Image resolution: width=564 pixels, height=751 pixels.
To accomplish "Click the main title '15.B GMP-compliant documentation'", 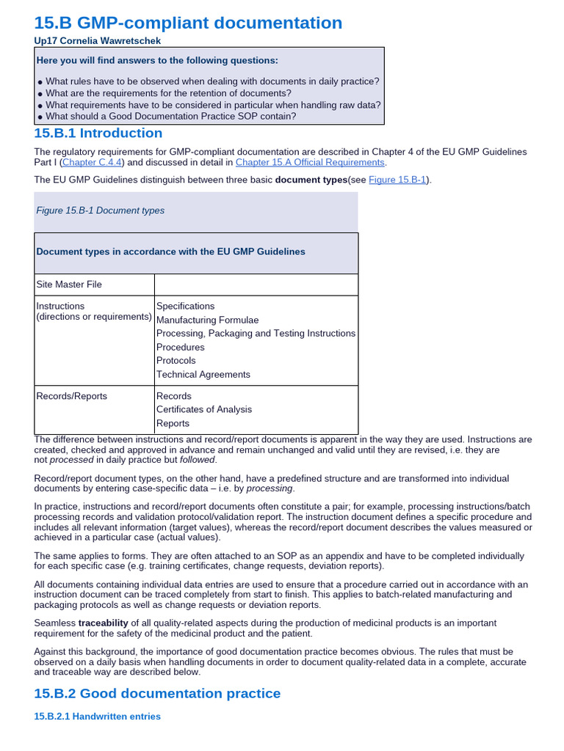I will [188, 23].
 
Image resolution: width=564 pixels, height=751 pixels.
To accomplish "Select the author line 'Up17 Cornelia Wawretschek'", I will [98, 41].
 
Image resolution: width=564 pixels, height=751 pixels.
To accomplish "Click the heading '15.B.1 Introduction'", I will [98, 133].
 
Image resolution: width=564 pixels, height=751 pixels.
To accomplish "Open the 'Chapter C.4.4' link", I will [93, 162].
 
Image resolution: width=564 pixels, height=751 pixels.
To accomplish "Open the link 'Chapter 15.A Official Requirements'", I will [310, 162].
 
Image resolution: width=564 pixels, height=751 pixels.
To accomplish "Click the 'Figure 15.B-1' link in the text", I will [398, 180].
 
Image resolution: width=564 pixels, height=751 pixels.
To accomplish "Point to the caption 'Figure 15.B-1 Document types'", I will [101, 210].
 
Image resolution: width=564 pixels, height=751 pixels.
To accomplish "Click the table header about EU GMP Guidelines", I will [170, 252].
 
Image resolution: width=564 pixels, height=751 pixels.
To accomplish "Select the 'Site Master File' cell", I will [69, 285].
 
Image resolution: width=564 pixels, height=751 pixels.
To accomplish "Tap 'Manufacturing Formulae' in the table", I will [207, 320].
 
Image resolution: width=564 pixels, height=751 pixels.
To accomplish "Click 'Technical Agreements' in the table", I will [203, 374].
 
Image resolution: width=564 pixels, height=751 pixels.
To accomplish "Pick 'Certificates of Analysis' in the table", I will [204, 409].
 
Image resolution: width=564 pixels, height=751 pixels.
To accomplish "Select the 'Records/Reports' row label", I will [71, 396].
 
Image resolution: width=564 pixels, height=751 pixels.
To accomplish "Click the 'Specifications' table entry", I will [186, 306].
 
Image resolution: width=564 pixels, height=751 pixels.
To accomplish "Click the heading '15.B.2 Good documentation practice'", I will [157, 693].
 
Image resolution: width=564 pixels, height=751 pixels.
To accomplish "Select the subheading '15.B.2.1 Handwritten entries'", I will [97, 717].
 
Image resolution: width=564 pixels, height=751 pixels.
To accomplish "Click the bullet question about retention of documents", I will [168, 93].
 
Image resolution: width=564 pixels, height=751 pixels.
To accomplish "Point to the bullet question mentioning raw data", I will [213, 105].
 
